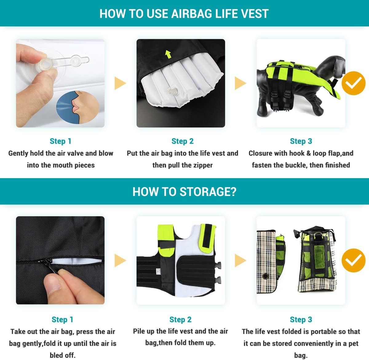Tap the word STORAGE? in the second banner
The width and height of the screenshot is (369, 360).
point(208,192)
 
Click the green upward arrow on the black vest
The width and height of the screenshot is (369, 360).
point(168,54)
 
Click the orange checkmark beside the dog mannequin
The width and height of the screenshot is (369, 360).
point(353,83)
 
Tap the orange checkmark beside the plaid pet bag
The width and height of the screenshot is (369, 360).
point(353,260)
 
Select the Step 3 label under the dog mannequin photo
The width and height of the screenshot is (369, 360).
point(301,141)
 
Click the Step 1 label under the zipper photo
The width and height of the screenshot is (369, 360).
point(62,319)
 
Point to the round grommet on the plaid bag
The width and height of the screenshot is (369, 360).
point(265,276)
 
